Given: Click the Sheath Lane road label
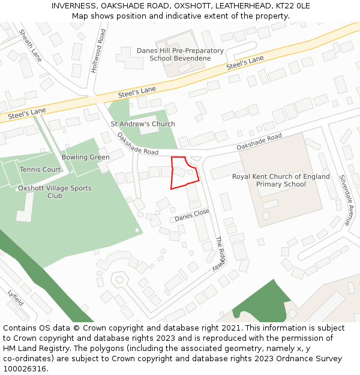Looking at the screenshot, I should (x=30, y=46).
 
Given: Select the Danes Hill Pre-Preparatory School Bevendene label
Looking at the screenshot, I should (x=180, y=55).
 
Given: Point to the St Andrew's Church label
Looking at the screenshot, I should (x=143, y=124).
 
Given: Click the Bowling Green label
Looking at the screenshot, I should (x=85, y=157).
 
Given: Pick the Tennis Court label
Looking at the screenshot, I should (x=40, y=170).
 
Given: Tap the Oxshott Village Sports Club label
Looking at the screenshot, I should (x=55, y=192).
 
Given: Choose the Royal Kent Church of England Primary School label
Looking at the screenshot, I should (x=281, y=181).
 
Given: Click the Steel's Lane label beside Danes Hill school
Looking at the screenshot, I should (x=245, y=62).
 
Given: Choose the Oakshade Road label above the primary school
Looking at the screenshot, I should (x=259, y=142).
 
